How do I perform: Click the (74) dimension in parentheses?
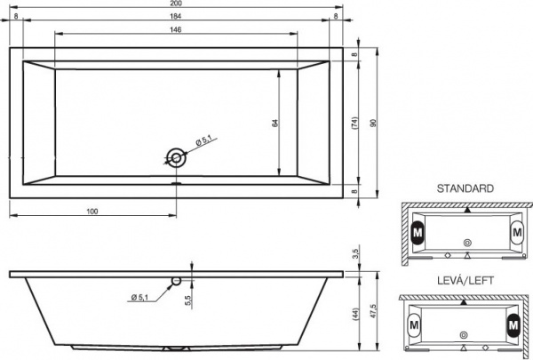click(x=354, y=125)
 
